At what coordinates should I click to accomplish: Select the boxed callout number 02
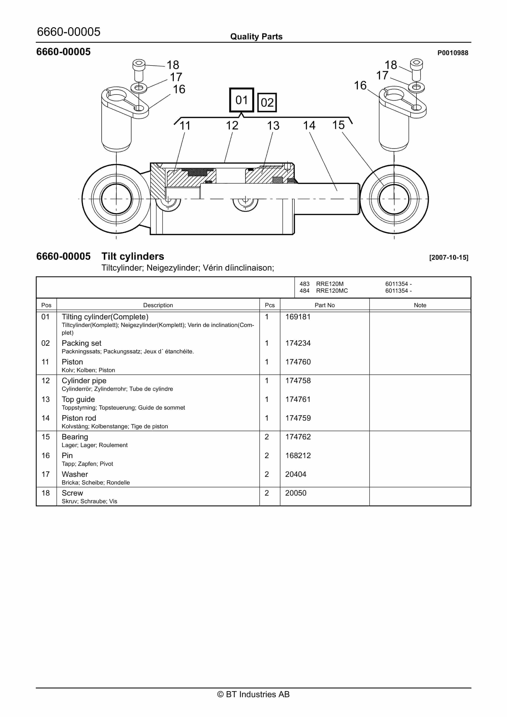coord(267,102)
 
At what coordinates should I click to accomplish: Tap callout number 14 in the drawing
coord(309,126)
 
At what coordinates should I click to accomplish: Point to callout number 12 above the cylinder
coord(232,126)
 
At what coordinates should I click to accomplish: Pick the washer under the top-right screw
coord(416,87)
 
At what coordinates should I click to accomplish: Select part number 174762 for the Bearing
coord(298,437)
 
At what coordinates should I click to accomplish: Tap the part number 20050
coord(295,493)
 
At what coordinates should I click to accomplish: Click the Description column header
coord(158,305)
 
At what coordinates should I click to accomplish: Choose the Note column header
coord(420,305)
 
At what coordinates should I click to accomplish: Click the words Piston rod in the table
coord(79,418)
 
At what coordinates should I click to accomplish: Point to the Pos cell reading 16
coord(46,455)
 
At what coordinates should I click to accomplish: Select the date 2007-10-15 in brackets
coord(449,257)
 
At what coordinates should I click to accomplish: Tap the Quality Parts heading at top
coord(256,37)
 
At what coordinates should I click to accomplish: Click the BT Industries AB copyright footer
coord(253,694)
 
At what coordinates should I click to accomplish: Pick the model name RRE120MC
coord(332,291)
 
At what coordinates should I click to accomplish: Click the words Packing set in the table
coord(81,343)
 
